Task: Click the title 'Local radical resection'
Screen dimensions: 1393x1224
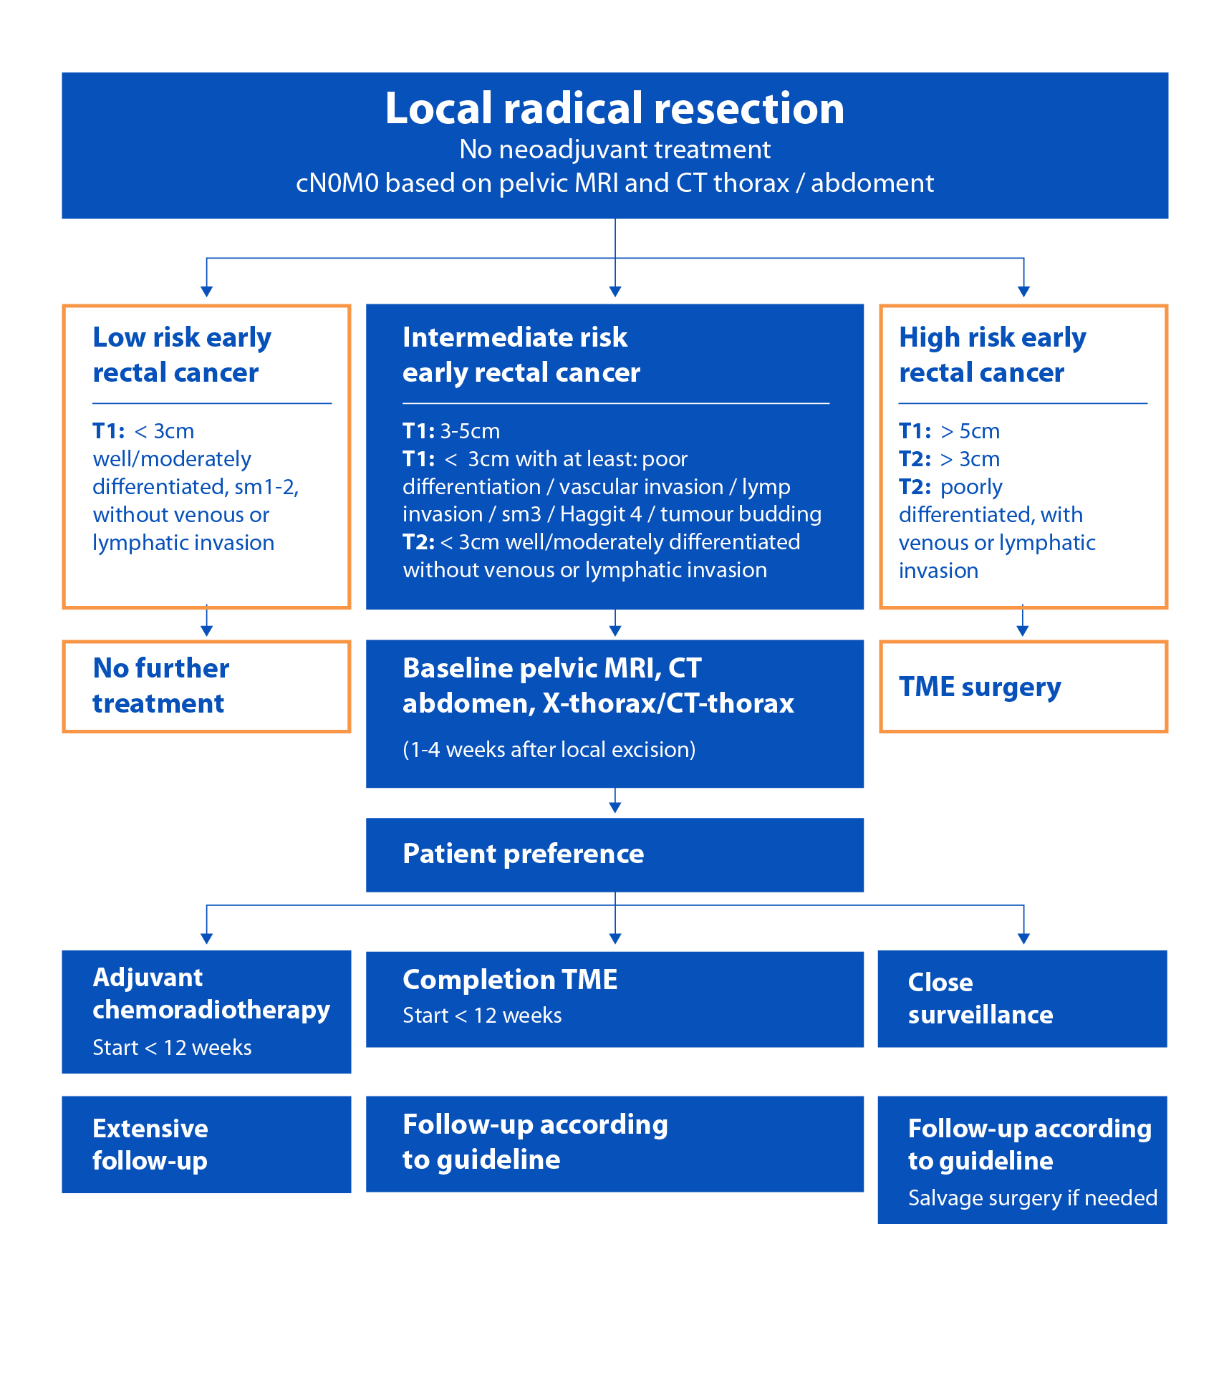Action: pos(615,109)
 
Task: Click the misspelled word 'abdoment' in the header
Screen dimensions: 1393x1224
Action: pos(872,183)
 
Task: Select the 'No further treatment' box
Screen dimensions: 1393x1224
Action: pos(206,686)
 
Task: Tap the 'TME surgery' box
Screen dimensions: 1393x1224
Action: pos(1023,686)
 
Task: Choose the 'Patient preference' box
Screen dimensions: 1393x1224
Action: pos(615,854)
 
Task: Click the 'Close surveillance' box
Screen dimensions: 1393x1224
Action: pos(1022,998)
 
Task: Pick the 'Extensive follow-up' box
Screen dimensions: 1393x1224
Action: pos(206,1144)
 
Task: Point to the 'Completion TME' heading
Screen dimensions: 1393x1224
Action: pos(510,980)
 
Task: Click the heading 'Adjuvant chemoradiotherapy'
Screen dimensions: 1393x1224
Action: pos(211,993)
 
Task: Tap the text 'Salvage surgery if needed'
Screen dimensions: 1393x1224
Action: pos(1032,1197)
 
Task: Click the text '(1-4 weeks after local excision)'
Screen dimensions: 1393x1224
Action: pos(549,750)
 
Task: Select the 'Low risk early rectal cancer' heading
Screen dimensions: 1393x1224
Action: pos(182,355)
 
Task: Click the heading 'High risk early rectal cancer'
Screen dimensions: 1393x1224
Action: pos(992,355)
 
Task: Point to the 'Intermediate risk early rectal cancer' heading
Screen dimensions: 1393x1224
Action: pos(521,355)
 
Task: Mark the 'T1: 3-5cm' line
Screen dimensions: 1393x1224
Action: pos(451,431)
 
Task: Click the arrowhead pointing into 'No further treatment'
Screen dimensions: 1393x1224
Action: pos(206,631)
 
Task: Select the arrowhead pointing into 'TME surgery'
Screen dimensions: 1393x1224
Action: pos(1023,631)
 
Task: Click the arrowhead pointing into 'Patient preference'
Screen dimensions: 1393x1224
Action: pos(615,808)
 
